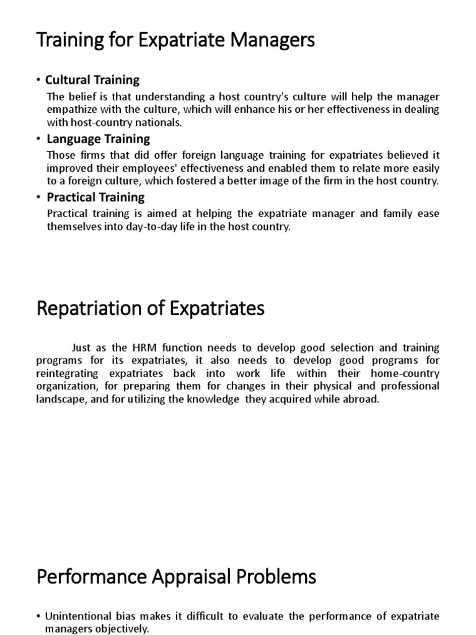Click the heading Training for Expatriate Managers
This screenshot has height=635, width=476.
(176, 42)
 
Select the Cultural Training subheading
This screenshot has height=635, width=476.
(92, 80)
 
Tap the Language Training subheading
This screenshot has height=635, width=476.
(99, 139)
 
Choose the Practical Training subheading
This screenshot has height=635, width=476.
(95, 197)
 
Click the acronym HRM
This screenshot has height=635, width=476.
(164, 348)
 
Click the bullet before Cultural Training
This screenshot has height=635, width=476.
(38, 80)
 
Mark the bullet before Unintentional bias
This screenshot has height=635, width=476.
(38, 616)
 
